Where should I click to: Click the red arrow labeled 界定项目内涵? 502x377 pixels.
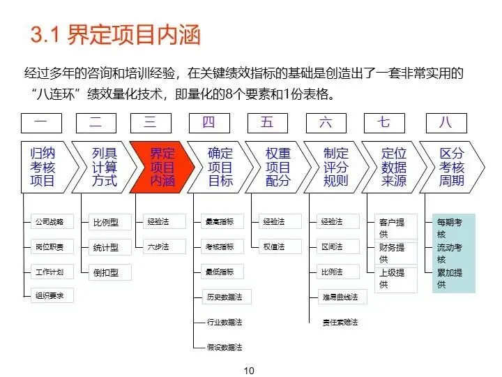point(160,168)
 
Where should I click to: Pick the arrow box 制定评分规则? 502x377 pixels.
point(335,168)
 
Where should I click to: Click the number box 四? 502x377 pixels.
point(208,123)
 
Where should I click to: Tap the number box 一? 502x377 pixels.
point(41,123)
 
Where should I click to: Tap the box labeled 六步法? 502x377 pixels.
point(158,246)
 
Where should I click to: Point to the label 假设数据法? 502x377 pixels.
point(225,347)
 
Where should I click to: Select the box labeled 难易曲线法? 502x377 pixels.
point(340,297)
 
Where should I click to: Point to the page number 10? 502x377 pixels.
point(249,370)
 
